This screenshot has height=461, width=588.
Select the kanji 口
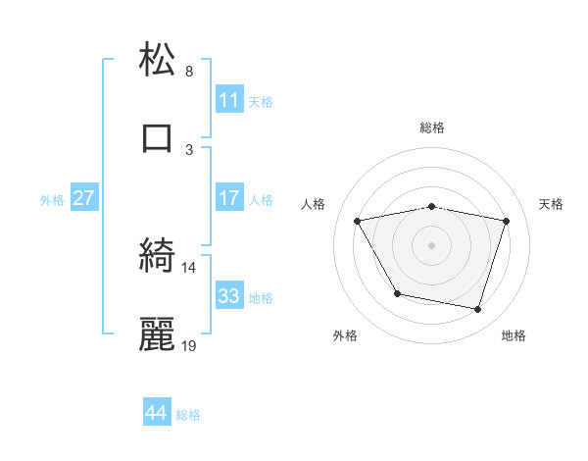click(x=158, y=137)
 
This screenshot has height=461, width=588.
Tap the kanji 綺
click(x=158, y=257)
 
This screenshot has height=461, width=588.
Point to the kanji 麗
click(x=158, y=334)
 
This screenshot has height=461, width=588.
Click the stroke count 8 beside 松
click(x=189, y=72)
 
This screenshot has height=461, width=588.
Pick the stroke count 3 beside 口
click(x=189, y=149)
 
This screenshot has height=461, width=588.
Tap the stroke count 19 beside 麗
click(x=189, y=345)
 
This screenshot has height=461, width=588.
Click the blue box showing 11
click(x=229, y=100)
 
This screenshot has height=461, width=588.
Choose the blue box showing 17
click(x=229, y=198)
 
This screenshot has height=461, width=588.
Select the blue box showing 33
click(x=229, y=295)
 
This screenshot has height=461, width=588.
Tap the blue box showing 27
click(x=84, y=198)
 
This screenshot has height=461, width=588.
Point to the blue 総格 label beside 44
click(x=189, y=415)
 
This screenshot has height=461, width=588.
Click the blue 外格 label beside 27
click(x=52, y=200)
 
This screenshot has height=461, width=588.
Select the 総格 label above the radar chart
click(x=432, y=128)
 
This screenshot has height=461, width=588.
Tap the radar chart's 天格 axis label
click(x=552, y=204)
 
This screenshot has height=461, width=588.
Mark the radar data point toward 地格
click(x=477, y=310)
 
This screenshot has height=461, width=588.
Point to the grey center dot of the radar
click(x=432, y=245)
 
